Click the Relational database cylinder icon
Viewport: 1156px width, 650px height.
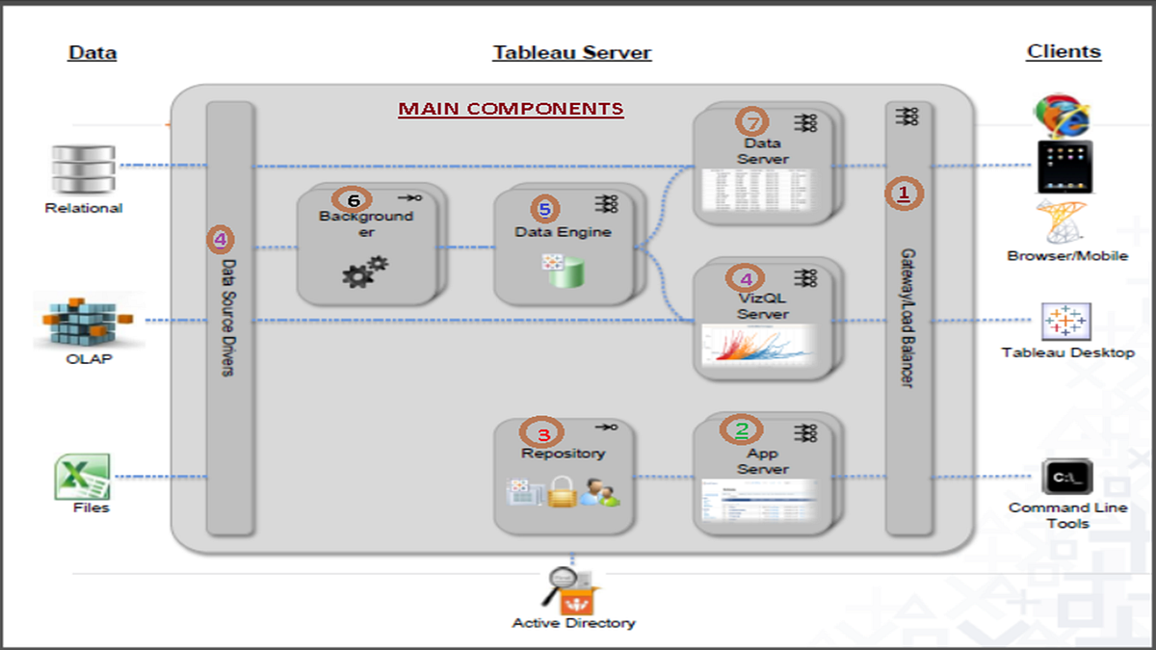pos(84,169)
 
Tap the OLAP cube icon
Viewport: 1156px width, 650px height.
pos(83,322)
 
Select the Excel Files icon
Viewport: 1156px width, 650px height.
pos(84,476)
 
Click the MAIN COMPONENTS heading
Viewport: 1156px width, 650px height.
pos(511,109)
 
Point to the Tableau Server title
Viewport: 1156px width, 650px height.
pos(572,53)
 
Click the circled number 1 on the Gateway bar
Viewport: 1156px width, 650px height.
pos(904,194)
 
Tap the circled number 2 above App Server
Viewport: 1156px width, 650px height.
pos(742,429)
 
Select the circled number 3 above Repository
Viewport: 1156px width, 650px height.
pos(543,432)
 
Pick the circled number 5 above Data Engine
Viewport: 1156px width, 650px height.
pos(545,209)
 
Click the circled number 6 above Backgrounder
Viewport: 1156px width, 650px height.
pos(354,199)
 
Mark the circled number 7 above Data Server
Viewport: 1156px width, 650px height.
pos(753,122)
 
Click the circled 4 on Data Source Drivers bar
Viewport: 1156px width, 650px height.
pos(223,238)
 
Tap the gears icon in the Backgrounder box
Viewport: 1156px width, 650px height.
pos(364,271)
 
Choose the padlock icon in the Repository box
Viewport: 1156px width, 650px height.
pos(562,493)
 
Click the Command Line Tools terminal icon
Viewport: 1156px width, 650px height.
pos(1066,478)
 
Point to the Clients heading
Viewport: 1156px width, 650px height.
pos(1064,52)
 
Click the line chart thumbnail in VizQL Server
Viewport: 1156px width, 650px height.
pos(757,348)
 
